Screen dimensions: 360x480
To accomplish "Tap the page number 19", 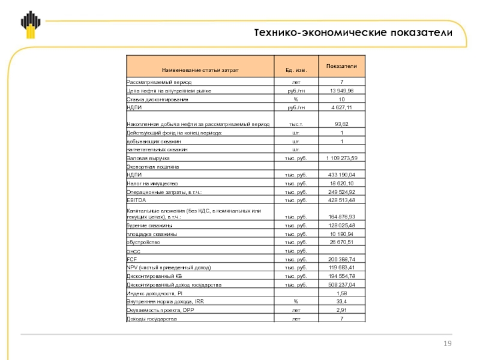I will (x=446, y=343).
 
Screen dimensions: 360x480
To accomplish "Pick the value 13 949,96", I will (x=341, y=90).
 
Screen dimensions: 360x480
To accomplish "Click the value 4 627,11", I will (x=341, y=107).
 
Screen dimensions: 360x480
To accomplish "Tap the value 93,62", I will (x=341, y=124).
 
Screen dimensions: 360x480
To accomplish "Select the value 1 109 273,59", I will (x=341, y=157).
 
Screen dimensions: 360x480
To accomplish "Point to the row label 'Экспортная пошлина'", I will (x=153, y=166).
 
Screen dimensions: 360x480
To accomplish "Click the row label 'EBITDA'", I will (x=133, y=199).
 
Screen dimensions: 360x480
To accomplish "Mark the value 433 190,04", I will (x=341, y=174).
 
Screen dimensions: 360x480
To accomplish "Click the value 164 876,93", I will (x=341, y=216).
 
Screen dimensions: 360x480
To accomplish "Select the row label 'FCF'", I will (x=130, y=259).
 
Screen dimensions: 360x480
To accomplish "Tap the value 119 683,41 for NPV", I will (x=341, y=268).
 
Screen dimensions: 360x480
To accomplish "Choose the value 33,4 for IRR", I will (x=341, y=301).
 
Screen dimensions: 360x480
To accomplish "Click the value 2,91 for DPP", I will (x=341, y=310).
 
